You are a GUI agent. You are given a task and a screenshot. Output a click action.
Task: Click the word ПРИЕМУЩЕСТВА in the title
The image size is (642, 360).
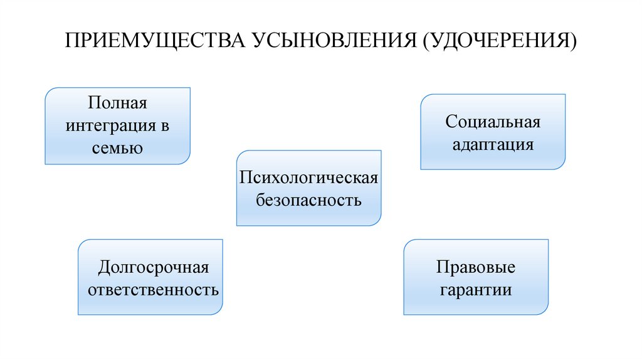click(155, 41)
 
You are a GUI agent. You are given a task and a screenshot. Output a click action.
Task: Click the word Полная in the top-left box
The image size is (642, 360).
click(117, 102)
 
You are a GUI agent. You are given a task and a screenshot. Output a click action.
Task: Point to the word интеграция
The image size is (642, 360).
click(110, 125)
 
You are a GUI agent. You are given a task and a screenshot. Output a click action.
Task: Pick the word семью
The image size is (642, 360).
click(117, 149)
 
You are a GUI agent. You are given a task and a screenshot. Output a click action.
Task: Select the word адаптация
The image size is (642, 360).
click(493, 145)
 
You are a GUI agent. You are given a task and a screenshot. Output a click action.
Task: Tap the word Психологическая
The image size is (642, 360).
click(308, 177)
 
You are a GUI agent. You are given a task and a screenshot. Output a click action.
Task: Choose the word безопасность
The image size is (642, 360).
click(308, 201)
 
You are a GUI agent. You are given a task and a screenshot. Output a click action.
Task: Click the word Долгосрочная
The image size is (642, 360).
click(153, 268)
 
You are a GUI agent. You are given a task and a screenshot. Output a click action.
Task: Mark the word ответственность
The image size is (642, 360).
click(153, 291)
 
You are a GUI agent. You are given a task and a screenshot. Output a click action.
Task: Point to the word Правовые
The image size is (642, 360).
click(476, 268)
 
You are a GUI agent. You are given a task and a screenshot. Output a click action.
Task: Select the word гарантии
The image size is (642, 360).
click(476, 291)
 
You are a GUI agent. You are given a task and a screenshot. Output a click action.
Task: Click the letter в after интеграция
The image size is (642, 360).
click(165, 125)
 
